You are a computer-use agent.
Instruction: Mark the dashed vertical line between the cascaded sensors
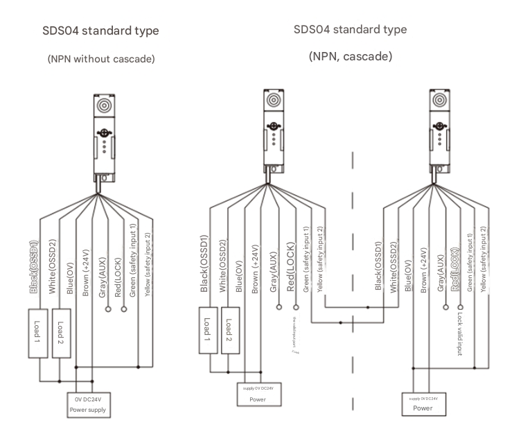coord(354,277)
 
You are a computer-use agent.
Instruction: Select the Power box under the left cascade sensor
coord(257,395)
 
